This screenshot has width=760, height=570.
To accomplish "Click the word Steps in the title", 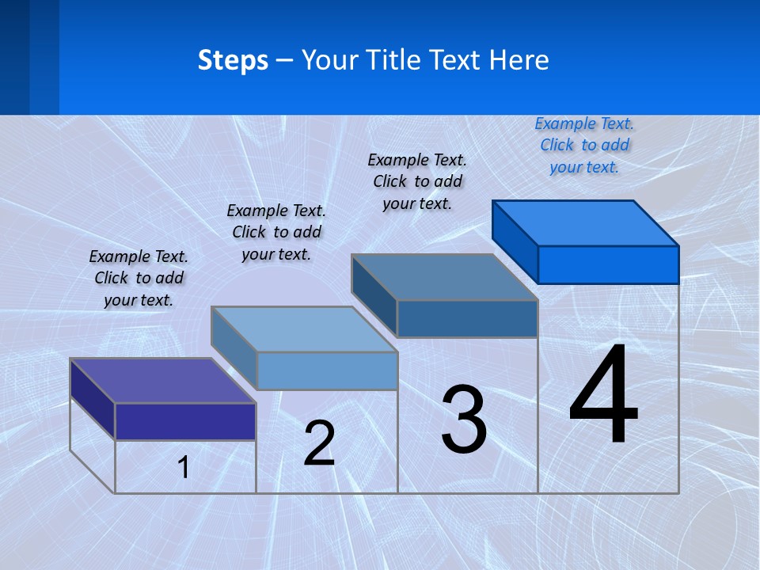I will click(x=233, y=60).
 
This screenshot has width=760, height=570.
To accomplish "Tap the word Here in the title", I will click(x=519, y=60).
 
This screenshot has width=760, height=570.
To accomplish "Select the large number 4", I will click(x=603, y=396).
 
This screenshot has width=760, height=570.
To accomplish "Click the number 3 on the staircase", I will click(x=464, y=420).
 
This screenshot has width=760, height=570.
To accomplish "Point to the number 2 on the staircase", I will click(x=319, y=443).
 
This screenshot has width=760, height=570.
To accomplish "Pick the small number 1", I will click(x=184, y=468).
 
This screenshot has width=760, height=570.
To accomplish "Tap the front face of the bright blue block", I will click(x=608, y=264).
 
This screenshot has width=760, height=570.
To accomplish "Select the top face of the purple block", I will click(x=163, y=381).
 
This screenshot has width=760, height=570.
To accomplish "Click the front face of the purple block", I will click(x=185, y=421).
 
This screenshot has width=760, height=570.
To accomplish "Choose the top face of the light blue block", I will click(x=304, y=329).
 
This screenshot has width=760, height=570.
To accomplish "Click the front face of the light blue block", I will click(x=327, y=370).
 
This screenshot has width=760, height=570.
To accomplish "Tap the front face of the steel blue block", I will click(x=467, y=318).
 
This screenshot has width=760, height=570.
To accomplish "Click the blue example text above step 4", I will click(x=584, y=145).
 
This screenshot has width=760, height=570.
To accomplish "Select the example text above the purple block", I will click(x=139, y=278).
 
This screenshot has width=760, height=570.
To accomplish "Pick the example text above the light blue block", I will click(x=276, y=232).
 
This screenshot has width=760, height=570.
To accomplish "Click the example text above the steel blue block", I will click(x=417, y=181).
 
